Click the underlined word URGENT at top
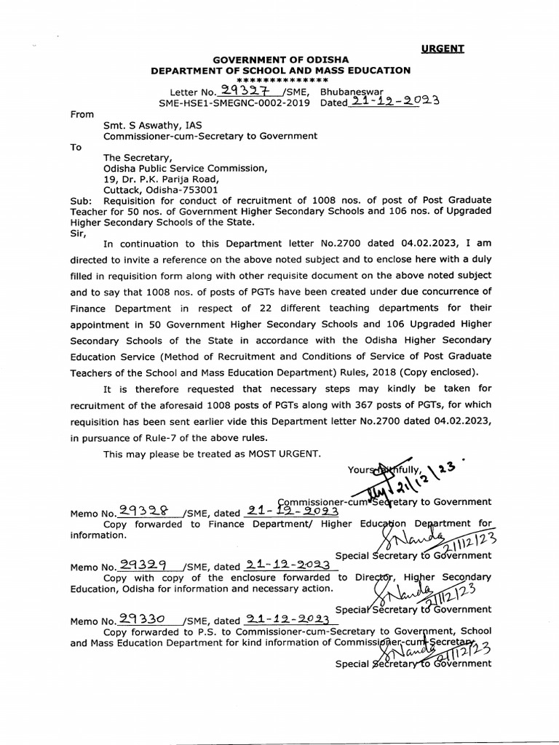pyautogui.click(x=443, y=49)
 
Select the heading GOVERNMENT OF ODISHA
pyautogui.click(x=280, y=59)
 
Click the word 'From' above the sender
pyautogui.click(x=82, y=114)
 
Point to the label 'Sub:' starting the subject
pyautogui.click(x=81, y=200)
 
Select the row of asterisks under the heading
pyautogui.click(x=280, y=80)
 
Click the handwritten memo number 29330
pyautogui.click(x=142, y=619)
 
